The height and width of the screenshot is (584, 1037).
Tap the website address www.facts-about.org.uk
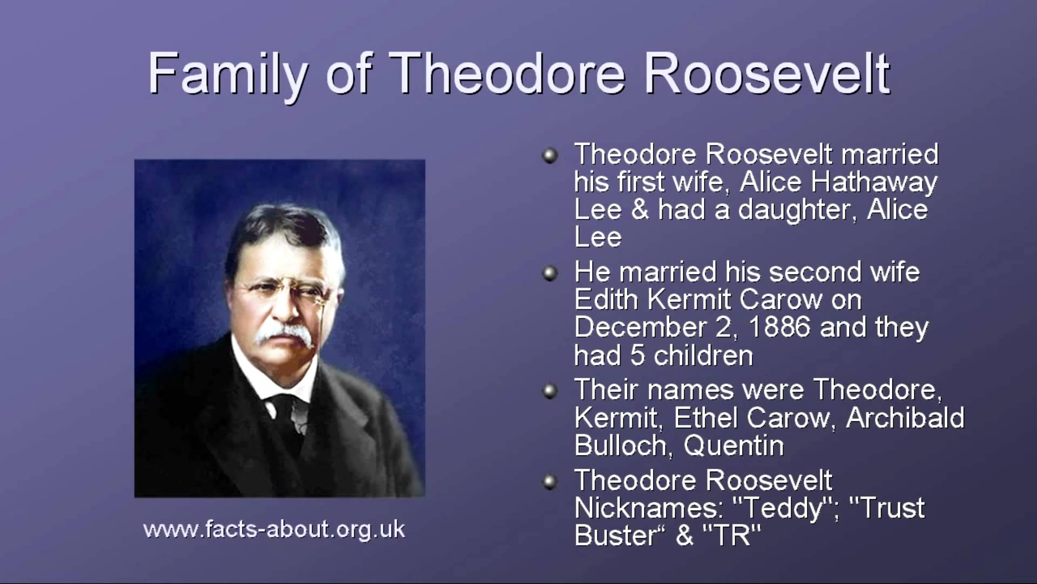pos(274,529)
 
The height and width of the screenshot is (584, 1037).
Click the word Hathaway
pos(874,182)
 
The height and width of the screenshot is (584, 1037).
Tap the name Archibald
pos(905,417)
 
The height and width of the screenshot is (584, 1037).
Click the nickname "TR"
pos(732,535)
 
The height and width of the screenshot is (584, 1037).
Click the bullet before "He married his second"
pos(550,273)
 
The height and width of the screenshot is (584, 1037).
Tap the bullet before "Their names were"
pos(550,390)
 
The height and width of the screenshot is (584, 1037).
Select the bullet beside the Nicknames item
pos(550,481)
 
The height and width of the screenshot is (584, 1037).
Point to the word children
pos(703,356)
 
